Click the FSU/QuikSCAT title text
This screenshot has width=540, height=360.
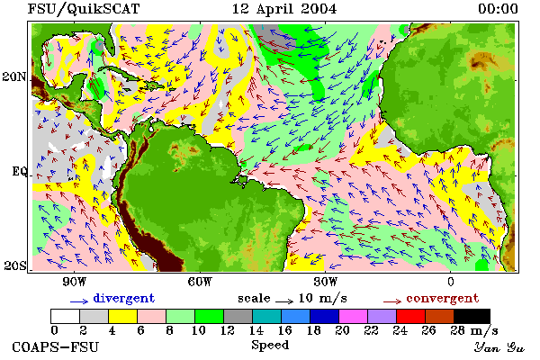pyautogui.click(x=84, y=9)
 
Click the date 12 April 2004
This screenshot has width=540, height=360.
pyautogui.click(x=284, y=9)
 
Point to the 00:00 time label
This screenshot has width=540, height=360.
pyautogui.click(x=498, y=9)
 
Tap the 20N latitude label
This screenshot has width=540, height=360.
pyautogui.click(x=14, y=76)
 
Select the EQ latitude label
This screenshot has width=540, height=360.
pyautogui.click(x=20, y=171)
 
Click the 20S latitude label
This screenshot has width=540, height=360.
pyautogui.click(x=15, y=265)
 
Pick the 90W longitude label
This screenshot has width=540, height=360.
pyautogui.click(x=74, y=282)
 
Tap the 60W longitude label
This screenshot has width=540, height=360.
pyautogui.click(x=200, y=282)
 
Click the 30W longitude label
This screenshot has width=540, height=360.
pyautogui.click(x=326, y=282)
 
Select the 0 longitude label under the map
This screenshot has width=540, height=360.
pyautogui.click(x=451, y=282)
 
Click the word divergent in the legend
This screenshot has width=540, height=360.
pyautogui.click(x=124, y=298)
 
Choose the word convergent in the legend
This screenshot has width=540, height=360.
pyautogui.click(x=443, y=298)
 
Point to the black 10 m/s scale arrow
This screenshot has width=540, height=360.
pyautogui.click(x=284, y=301)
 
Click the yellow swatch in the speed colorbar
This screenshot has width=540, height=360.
pyautogui.click(x=123, y=316)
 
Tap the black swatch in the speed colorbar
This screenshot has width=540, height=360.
pyautogui.click(x=472, y=316)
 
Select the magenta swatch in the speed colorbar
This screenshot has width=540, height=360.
pyautogui.click(x=354, y=316)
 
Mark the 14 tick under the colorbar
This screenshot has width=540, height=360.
pyautogui.click(x=256, y=330)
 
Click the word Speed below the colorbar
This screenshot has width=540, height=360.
pyautogui.click(x=270, y=346)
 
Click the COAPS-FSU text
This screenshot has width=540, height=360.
pyautogui.click(x=56, y=346)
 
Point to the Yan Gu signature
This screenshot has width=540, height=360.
pyautogui.click(x=499, y=347)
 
